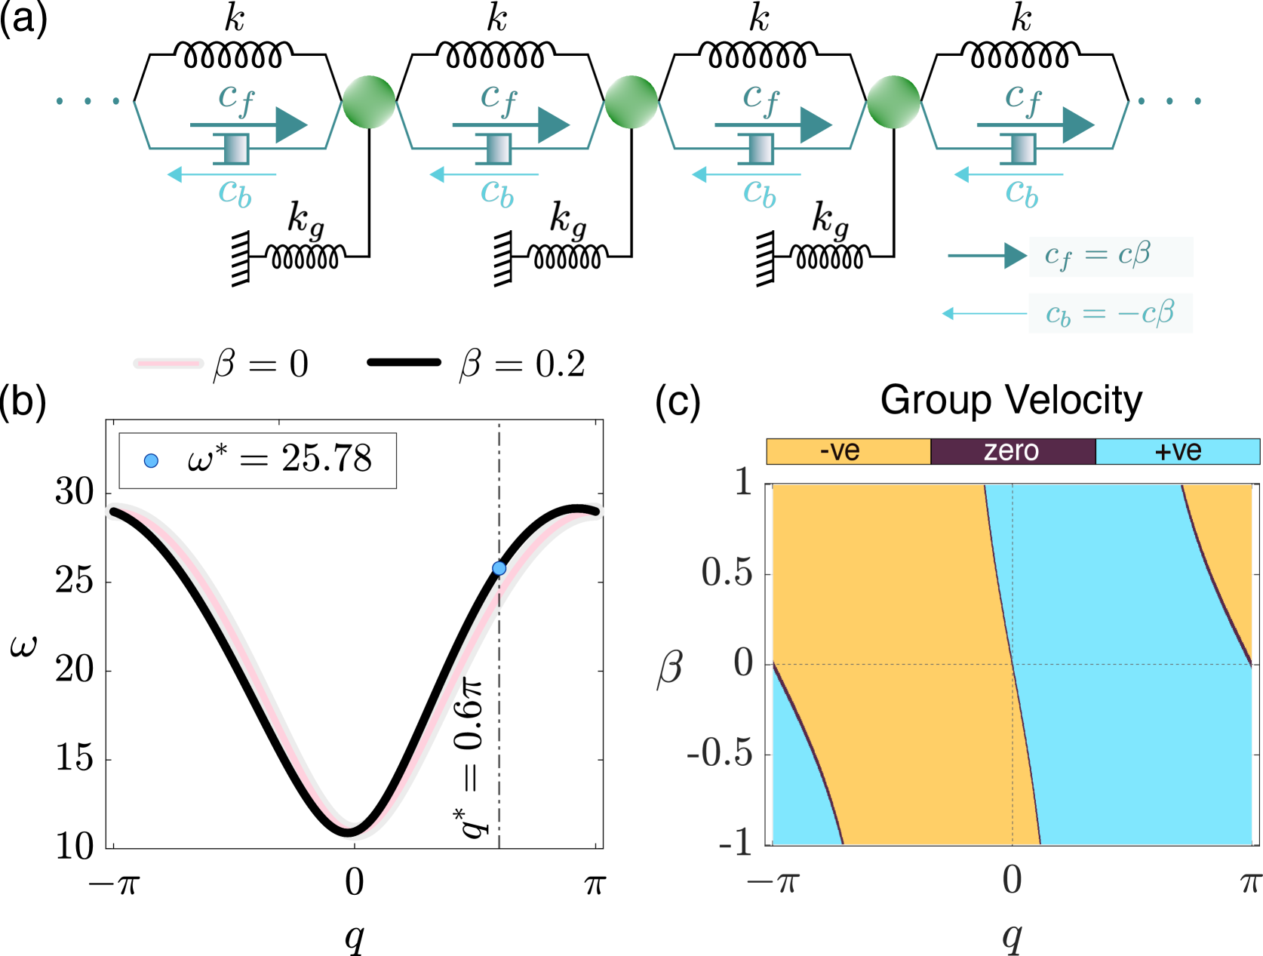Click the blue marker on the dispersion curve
tap(499, 568)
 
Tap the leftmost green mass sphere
tap(369, 102)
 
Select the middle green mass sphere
tap(631, 102)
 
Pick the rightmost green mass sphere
tap(893, 102)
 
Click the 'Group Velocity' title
tap(1011, 400)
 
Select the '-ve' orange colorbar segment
tap(848, 451)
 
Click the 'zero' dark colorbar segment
tap(1013, 451)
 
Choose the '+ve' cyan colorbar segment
tap(1178, 451)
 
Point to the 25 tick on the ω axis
tap(75, 581)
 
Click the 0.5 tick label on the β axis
tap(727, 573)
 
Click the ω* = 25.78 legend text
tap(279, 459)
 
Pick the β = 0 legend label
tap(261, 364)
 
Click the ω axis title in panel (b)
tap(24, 646)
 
